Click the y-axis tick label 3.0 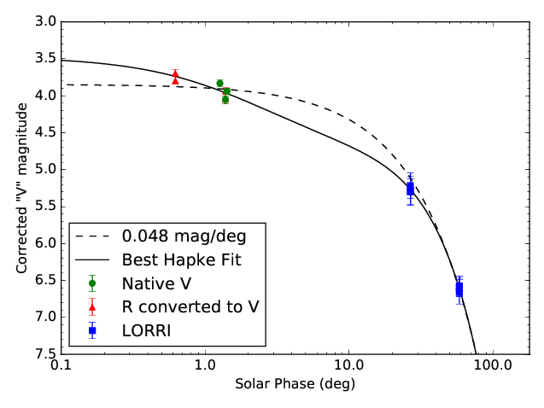tap(47, 21)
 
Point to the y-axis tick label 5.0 tap(47, 169)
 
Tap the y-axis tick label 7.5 tap(47, 353)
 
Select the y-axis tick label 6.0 tap(47, 243)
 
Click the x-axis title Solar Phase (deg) tap(295, 385)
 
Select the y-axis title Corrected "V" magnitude tap(22, 187)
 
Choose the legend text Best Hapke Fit tap(181, 259)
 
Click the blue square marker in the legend tap(91, 330)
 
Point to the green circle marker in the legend tap(91, 283)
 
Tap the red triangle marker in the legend tap(91, 306)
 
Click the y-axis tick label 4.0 tap(47, 95)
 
